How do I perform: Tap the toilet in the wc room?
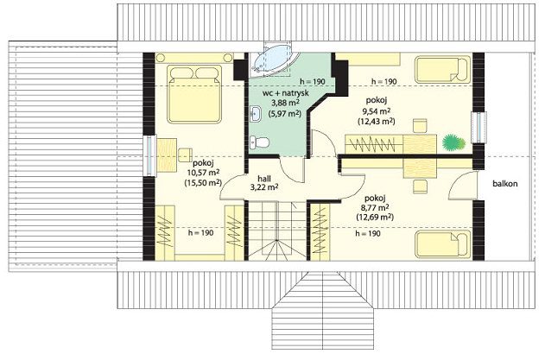(259, 142)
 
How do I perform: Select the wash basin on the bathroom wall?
(256, 113)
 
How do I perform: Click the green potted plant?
(453, 142)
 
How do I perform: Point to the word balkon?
(504, 184)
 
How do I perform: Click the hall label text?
(264, 179)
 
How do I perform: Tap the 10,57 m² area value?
(203, 172)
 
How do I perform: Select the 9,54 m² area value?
(377, 111)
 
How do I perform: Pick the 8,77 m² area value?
(375, 207)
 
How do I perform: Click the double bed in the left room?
(194, 94)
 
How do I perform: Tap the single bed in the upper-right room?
(442, 70)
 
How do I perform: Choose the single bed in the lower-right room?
(442, 245)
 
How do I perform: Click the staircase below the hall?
(277, 231)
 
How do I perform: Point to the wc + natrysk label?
(286, 93)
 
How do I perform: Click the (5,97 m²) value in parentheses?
(285, 113)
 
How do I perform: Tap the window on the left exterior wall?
(149, 155)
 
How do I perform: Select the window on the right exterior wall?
(478, 127)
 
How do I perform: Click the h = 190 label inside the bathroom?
(313, 82)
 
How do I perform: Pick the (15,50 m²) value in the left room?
(203, 182)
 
